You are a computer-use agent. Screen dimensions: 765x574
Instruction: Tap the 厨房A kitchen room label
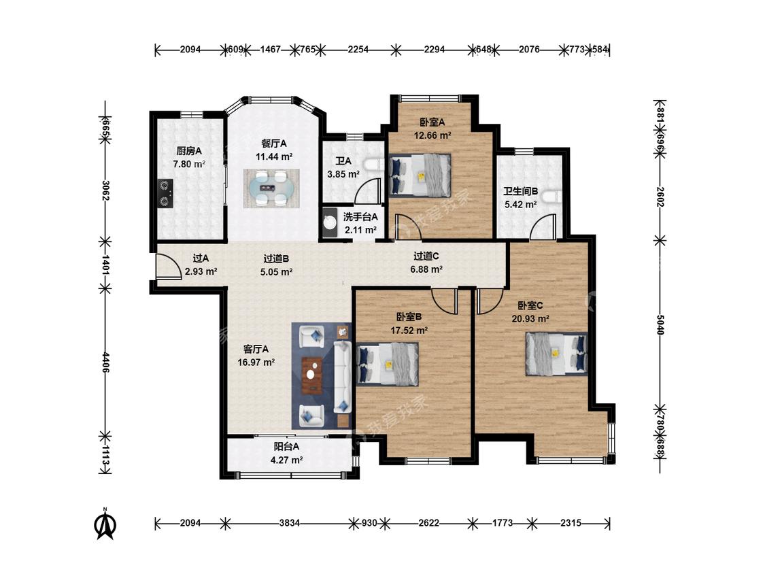tap(189, 151)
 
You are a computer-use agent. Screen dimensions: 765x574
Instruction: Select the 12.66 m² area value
tap(432, 136)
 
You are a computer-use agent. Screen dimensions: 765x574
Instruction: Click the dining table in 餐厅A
tap(271, 188)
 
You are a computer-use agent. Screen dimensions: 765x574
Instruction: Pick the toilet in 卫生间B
tap(553, 197)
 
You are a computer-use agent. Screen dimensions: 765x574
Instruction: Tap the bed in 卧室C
tap(556, 354)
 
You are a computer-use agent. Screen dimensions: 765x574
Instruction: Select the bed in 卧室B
tap(388, 364)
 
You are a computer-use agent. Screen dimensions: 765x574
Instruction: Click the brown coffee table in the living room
tap(311, 375)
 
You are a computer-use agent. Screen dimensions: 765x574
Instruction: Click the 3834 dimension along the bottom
tap(289, 523)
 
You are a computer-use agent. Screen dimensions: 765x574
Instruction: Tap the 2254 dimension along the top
tap(358, 49)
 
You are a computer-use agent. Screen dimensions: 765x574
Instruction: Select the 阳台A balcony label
tap(286, 446)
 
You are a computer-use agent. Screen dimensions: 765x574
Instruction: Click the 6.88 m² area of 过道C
tap(426, 269)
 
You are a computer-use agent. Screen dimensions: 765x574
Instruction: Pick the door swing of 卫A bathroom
tap(368, 190)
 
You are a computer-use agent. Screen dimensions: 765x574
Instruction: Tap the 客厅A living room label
tap(256, 350)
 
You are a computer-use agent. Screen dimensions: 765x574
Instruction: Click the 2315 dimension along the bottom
tap(571, 523)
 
